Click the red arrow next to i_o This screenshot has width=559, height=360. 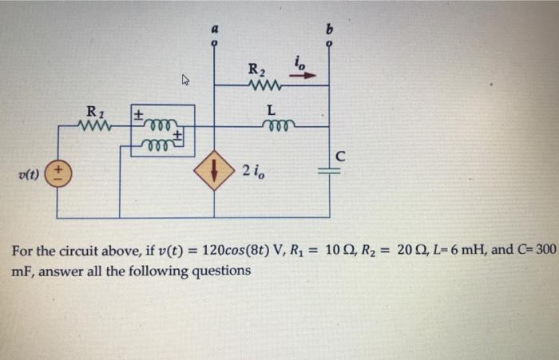tap(307, 77)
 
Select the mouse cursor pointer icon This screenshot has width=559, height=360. tap(187, 79)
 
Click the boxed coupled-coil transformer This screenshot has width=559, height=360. tap(163, 130)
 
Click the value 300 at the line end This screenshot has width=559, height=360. tap(543, 250)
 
